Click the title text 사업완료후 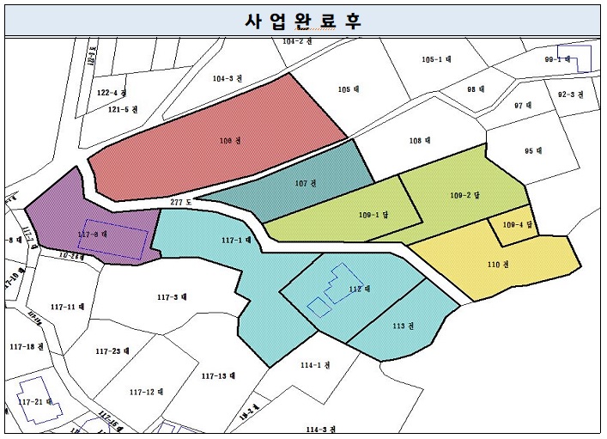pos(303,21)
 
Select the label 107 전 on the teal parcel pos(306,183)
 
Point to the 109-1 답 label pos(373,215)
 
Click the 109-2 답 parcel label pos(464,195)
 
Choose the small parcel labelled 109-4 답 pos(518,225)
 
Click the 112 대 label pos(359,288)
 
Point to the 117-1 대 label pos(236,241)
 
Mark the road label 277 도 pos(181,201)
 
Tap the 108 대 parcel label pos(419,140)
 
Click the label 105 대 pos(348,88)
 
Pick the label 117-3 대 pos(173,297)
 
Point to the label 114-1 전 pos(310,364)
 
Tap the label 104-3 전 pos(224,78)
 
